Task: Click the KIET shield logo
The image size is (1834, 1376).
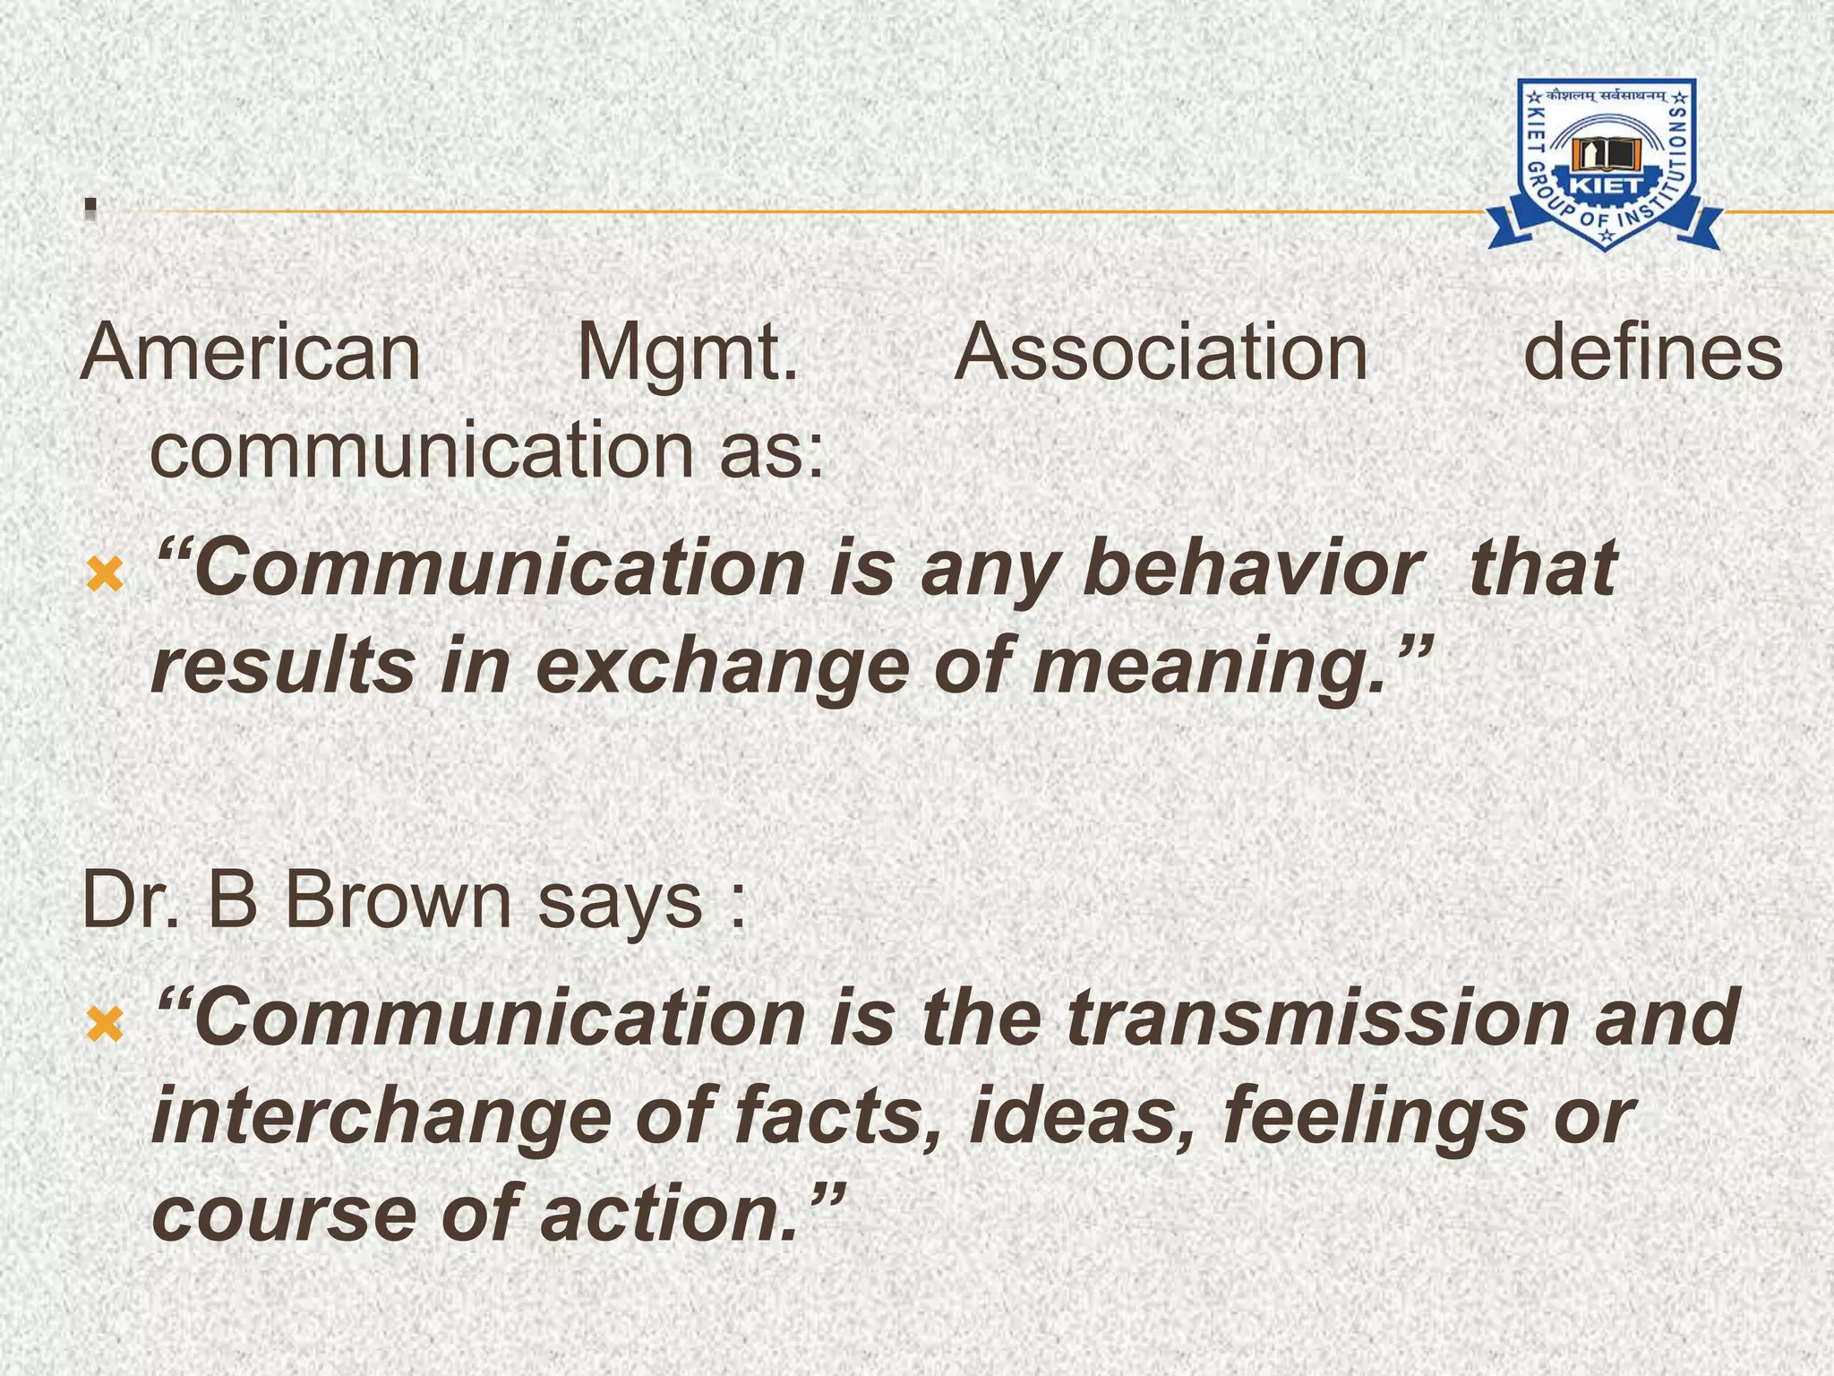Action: (x=1605, y=164)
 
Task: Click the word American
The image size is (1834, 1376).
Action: (x=251, y=353)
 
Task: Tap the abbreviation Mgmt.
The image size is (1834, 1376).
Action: (x=688, y=355)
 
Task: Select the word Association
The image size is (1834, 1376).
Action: (x=1161, y=353)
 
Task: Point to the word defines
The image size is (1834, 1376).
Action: (x=1653, y=353)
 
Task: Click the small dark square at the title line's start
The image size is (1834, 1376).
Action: (x=90, y=209)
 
